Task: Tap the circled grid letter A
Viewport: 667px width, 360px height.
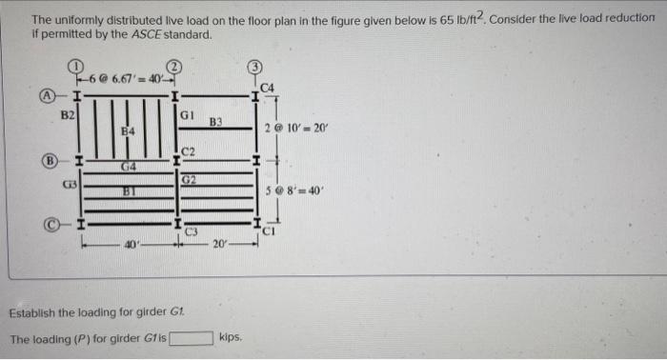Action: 46,95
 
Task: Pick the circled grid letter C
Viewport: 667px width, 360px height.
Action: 46,225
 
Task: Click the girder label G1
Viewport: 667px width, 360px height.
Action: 188,114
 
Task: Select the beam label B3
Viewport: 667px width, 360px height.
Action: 215,122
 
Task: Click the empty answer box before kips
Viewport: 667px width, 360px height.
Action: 191,337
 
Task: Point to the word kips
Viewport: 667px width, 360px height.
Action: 230,337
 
